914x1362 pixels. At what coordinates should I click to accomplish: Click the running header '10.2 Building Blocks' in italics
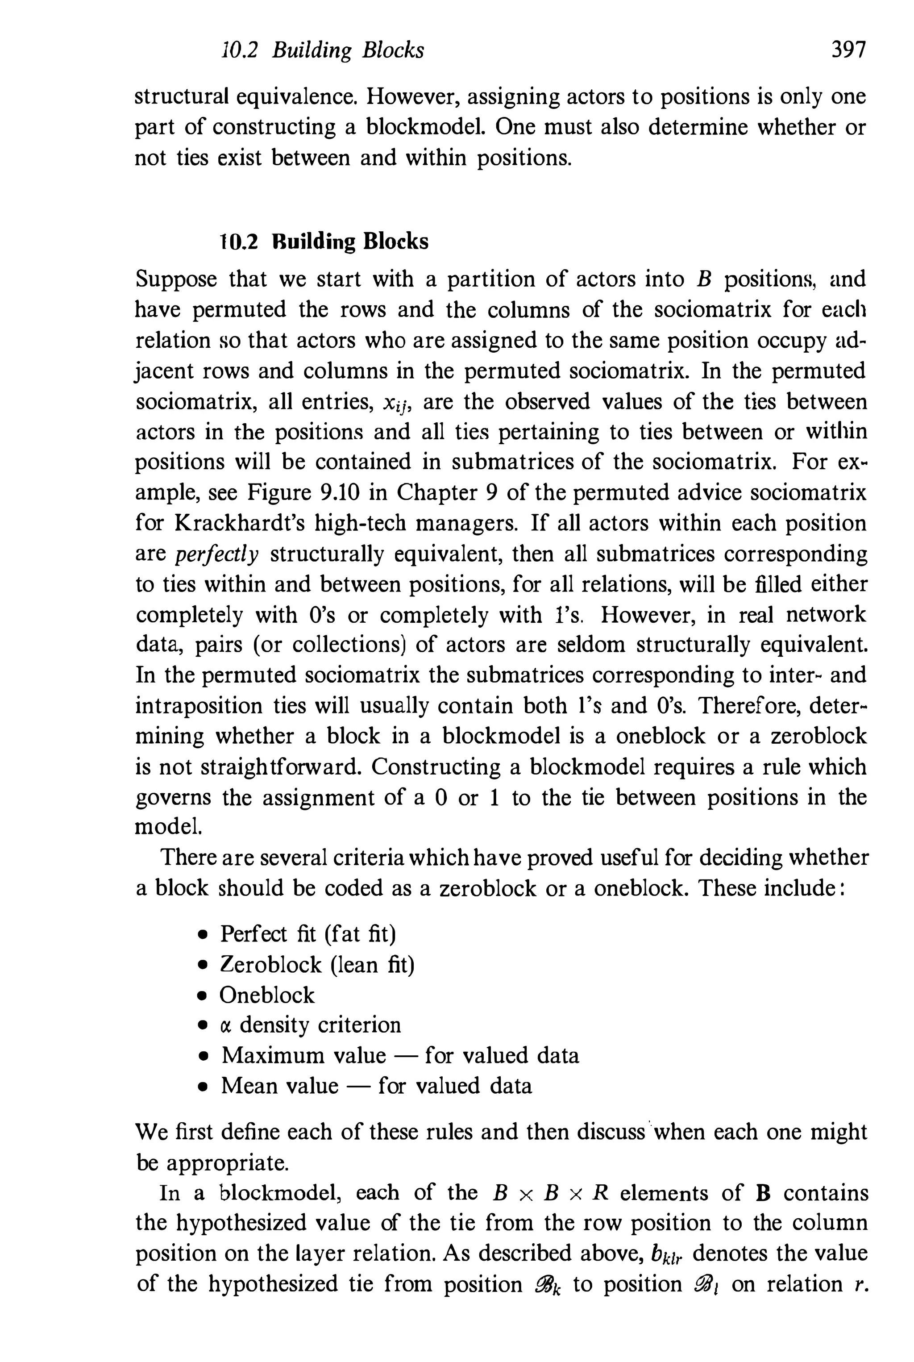tap(324, 51)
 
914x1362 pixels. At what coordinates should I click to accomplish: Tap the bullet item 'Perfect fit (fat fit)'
tap(308, 933)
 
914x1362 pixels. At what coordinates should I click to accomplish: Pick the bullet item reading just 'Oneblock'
tap(267, 995)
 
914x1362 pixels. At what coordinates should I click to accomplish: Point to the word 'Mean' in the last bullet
tap(249, 1086)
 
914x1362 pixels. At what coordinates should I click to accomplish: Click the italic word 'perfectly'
tap(217, 554)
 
